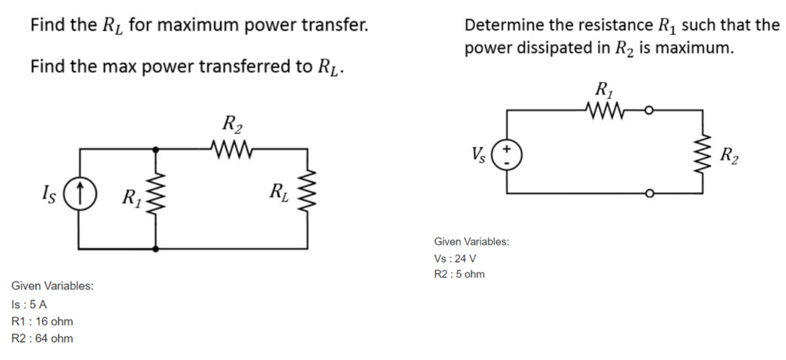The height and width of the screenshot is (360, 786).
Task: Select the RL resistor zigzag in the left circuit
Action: (x=309, y=191)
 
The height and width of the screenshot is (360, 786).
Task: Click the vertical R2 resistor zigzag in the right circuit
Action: (x=701, y=151)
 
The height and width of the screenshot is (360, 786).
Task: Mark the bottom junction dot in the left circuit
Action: (x=157, y=249)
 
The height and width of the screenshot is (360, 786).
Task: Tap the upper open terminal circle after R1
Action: (x=649, y=111)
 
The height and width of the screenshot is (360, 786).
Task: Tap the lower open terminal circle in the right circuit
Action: (x=649, y=194)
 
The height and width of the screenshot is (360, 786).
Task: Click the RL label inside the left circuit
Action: (x=278, y=192)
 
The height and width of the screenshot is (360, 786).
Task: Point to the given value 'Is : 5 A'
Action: (x=29, y=304)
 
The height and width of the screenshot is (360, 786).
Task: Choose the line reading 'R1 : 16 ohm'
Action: (x=42, y=321)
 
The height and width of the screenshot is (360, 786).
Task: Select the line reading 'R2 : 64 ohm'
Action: (x=42, y=338)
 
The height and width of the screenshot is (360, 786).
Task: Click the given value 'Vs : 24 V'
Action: (x=455, y=258)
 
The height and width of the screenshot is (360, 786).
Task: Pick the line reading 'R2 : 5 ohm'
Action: (x=459, y=274)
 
